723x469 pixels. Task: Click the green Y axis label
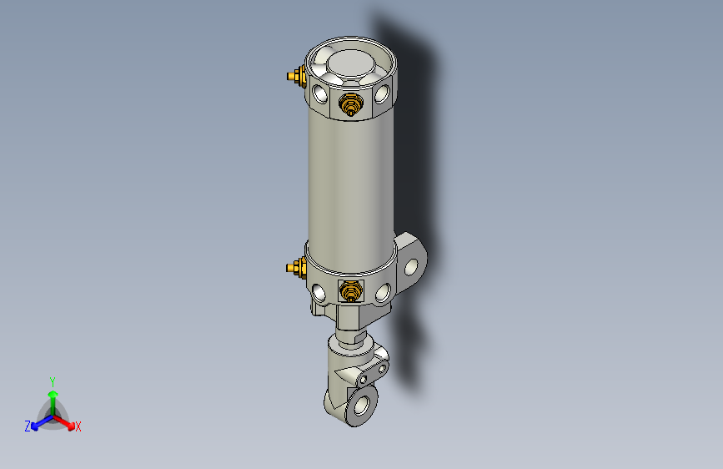coord(52,381)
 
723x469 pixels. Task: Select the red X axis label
coord(78,426)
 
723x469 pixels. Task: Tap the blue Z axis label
coord(27,426)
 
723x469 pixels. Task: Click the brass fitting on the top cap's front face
coord(349,105)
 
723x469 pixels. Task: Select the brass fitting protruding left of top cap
coord(294,78)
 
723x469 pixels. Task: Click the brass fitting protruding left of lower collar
coord(294,268)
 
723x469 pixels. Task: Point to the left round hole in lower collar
coord(320,293)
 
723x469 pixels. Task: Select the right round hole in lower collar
coord(383,292)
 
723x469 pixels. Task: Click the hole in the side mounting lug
coord(413,265)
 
